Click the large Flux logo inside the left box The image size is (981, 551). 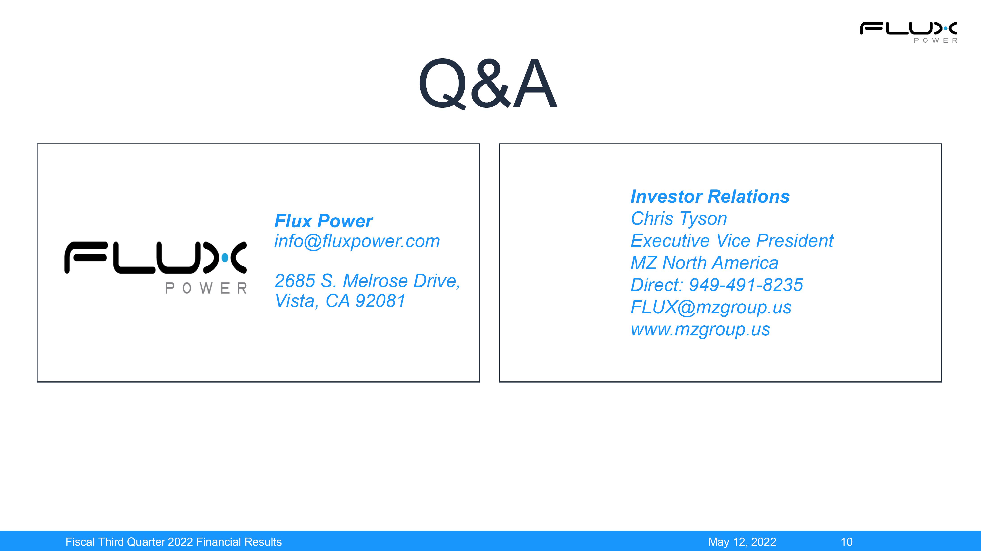[x=155, y=267]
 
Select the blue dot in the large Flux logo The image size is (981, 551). [x=225, y=258]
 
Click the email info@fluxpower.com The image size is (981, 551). [x=357, y=241]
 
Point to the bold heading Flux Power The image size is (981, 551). [x=323, y=221]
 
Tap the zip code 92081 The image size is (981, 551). [x=380, y=301]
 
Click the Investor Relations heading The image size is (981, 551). [x=710, y=197]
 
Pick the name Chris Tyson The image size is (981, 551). [x=679, y=219]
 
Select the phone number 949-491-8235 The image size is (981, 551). [x=746, y=285]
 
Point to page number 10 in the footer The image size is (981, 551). [x=847, y=542]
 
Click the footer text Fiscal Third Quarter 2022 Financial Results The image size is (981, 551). [x=174, y=542]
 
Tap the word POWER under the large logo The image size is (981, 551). [x=206, y=288]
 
